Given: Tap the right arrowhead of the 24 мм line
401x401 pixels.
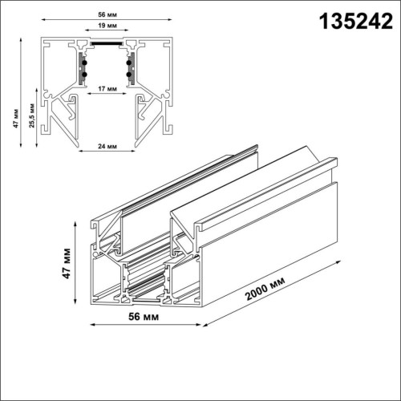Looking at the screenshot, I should (x=136, y=152).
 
